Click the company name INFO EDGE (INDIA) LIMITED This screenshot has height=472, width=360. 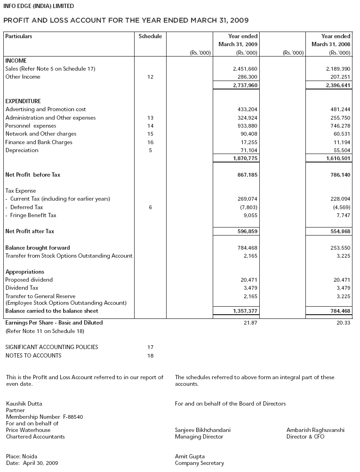point(39,6)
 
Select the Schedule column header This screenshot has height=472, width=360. point(150,36)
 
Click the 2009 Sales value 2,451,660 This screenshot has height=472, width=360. point(245,69)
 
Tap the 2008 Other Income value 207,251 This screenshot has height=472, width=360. point(338,77)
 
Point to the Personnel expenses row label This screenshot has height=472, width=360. point(31,126)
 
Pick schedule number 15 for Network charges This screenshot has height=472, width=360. point(150,134)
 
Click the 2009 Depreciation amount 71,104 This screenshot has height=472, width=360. point(248,150)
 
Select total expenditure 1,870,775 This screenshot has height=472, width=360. point(245,159)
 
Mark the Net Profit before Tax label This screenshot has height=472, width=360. point(32,175)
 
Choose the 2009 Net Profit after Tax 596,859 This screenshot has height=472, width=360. point(247,231)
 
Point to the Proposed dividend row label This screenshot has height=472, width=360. point(29,280)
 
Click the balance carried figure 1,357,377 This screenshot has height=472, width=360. point(245,311)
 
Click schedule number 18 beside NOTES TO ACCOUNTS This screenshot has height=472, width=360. point(150,356)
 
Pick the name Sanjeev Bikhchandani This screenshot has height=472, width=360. point(202,430)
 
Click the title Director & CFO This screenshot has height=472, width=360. point(305,437)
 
